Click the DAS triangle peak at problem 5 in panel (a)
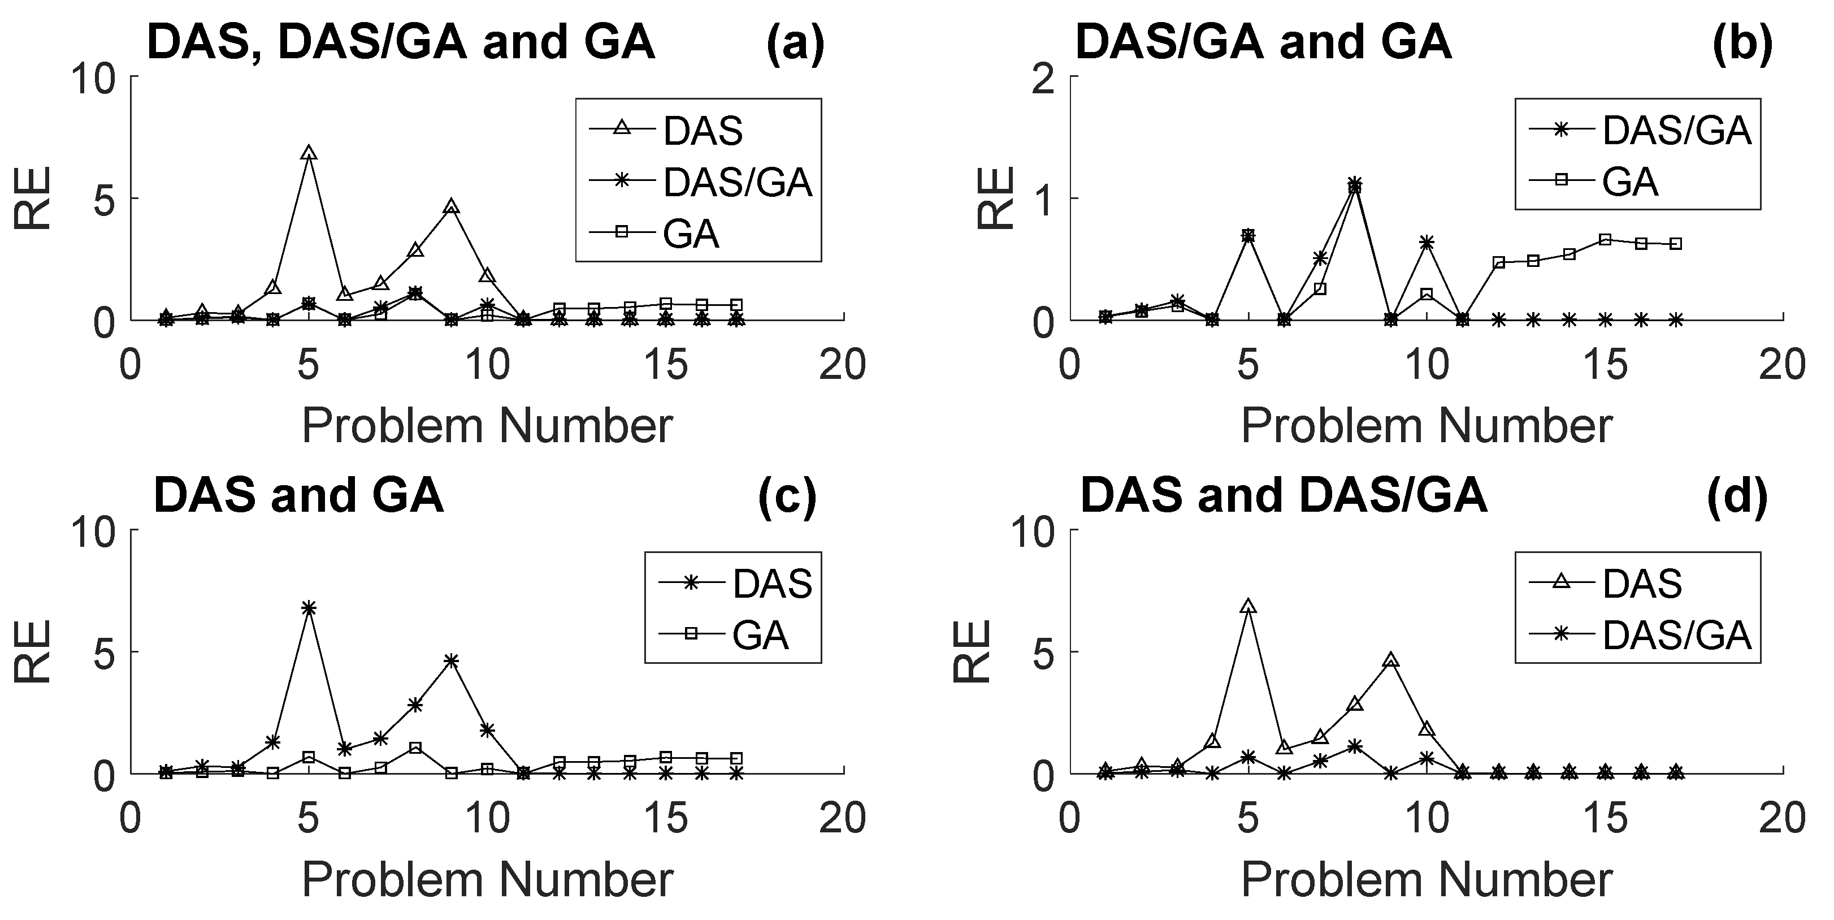click(x=308, y=153)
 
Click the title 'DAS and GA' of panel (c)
click(x=298, y=495)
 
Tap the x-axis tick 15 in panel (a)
click(x=665, y=365)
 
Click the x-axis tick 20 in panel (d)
click(x=1782, y=819)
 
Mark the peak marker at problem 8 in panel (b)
click(x=1355, y=185)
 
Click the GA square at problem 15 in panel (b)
click(x=1605, y=239)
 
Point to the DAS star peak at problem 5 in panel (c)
click(x=308, y=607)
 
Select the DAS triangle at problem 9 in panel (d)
click(x=1390, y=660)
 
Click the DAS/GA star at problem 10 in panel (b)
click(x=1426, y=243)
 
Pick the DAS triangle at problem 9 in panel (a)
click(x=450, y=207)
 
